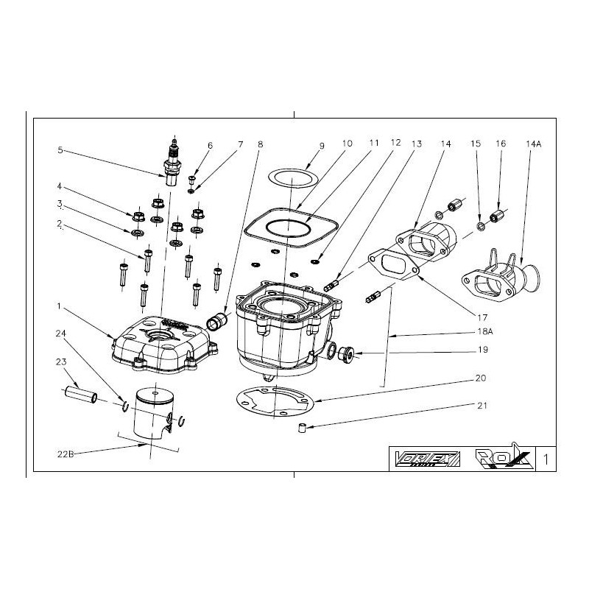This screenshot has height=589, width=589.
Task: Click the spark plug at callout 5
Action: pyautogui.click(x=174, y=163)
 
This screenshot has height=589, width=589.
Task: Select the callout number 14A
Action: pyautogui.click(x=533, y=144)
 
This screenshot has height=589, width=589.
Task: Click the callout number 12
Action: pyautogui.click(x=395, y=144)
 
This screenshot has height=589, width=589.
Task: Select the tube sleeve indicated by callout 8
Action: pyautogui.click(x=219, y=322)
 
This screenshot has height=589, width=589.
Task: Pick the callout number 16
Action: pyautogui.click(x=501, y=144)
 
